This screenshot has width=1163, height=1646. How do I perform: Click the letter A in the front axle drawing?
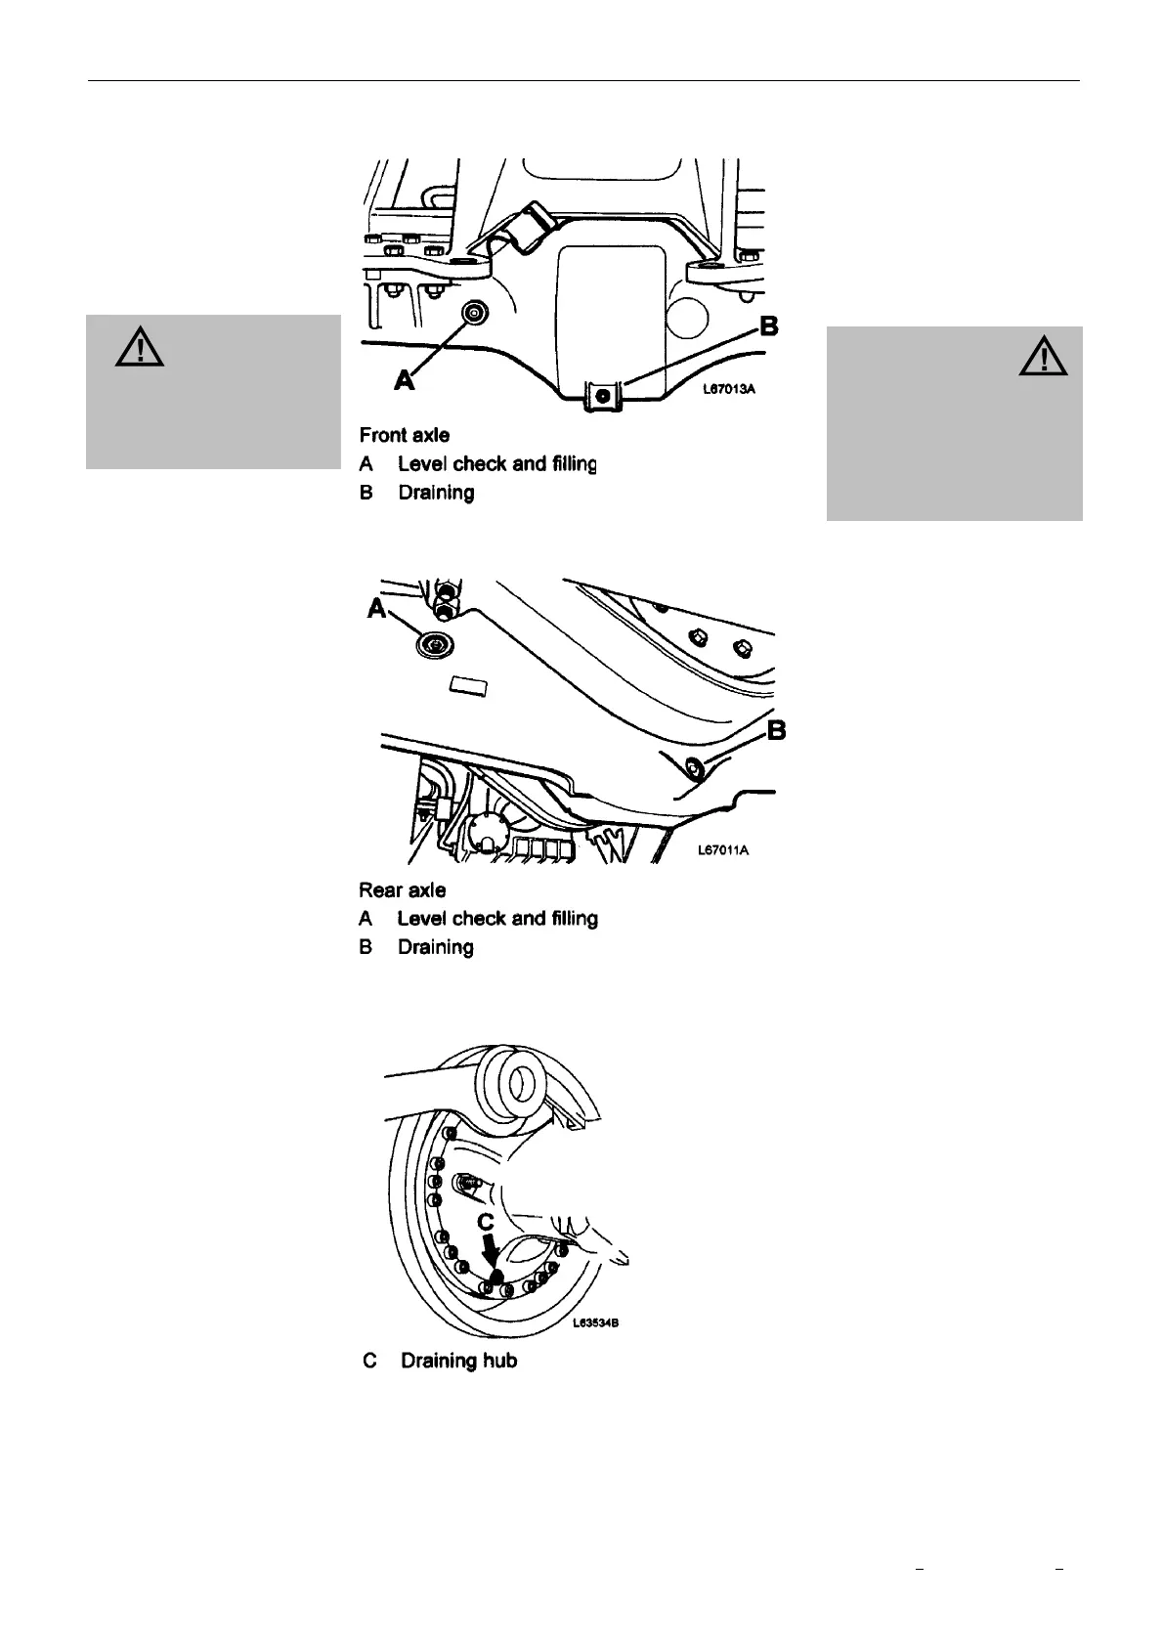pos(404,380)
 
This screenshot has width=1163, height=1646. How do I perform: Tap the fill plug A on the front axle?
pos(474,313)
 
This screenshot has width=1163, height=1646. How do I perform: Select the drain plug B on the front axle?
pos(603,396)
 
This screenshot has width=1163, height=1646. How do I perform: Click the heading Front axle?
pos(404,435)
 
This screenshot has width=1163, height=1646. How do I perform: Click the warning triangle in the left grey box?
pos(139,347)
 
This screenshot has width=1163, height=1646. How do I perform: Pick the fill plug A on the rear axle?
pos(433,643)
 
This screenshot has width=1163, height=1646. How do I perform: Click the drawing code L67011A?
pos(724,850)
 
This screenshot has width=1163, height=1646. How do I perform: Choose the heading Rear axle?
pos(403,890)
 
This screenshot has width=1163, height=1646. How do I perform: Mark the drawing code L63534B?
pos(597,1324)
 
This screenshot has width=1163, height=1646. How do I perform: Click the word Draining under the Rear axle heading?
pos(435,947)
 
